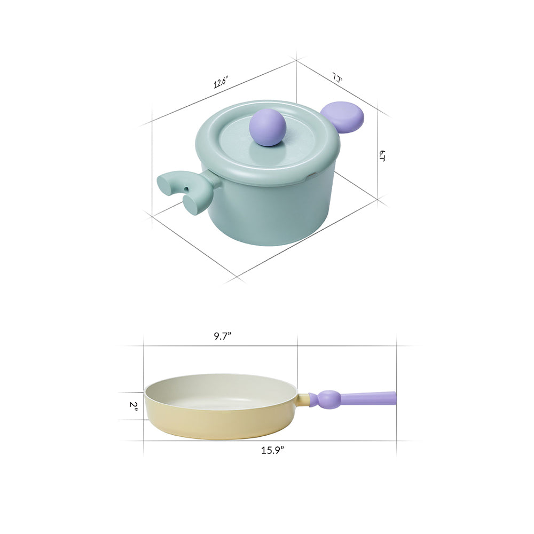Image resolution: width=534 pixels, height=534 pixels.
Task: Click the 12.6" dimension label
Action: [x=221, y=82]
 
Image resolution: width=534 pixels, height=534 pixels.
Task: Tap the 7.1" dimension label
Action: [x=337, y=78]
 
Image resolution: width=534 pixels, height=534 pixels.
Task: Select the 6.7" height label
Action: [x=382, y=156]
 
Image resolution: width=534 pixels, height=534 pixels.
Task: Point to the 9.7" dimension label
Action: [x=222, y=336]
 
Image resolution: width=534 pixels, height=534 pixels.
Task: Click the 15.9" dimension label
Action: [x=272, y=450]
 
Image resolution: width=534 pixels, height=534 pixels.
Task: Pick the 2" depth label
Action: [x=133, y=406]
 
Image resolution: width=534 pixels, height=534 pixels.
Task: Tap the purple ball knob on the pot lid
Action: [x=268, y=127]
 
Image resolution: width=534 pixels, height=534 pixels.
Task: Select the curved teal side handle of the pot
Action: [x=186, y=191]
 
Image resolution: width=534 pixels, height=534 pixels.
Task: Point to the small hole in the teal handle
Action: [x=186, y=189]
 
